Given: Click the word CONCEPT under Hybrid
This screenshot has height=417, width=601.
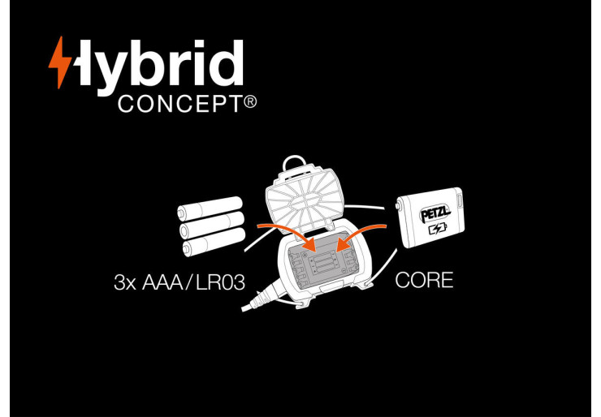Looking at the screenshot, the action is pyautogui.click(x=180, y=104).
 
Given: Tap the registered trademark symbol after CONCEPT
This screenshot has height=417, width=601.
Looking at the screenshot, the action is pyautogui.click(x=250, y=102).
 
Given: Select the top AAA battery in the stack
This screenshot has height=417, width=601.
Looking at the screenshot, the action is pyautogui.click(x=210, y=208).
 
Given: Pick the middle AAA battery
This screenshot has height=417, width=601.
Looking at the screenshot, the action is pyautogui.click(x=212, y=225).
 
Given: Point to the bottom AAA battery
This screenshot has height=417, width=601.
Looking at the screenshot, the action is pyautogui.click(x=214, y=242).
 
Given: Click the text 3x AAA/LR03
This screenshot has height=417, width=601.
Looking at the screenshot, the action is pyautogui.click(x=179, y=282).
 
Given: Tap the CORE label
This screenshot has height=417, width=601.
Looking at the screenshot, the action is pyautogui.click(x=424, y=280).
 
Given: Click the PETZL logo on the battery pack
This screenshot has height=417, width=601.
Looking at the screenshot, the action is pyautogui.click(x=435, y=215).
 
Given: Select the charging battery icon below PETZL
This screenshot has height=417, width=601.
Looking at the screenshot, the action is pyautogui.click(x=438, y=229).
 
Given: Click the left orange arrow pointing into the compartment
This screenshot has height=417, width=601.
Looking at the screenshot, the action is pyautogui.click(x=288, y=235).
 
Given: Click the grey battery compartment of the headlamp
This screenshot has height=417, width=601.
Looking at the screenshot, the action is pyautogui.click(x=324, y=260).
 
